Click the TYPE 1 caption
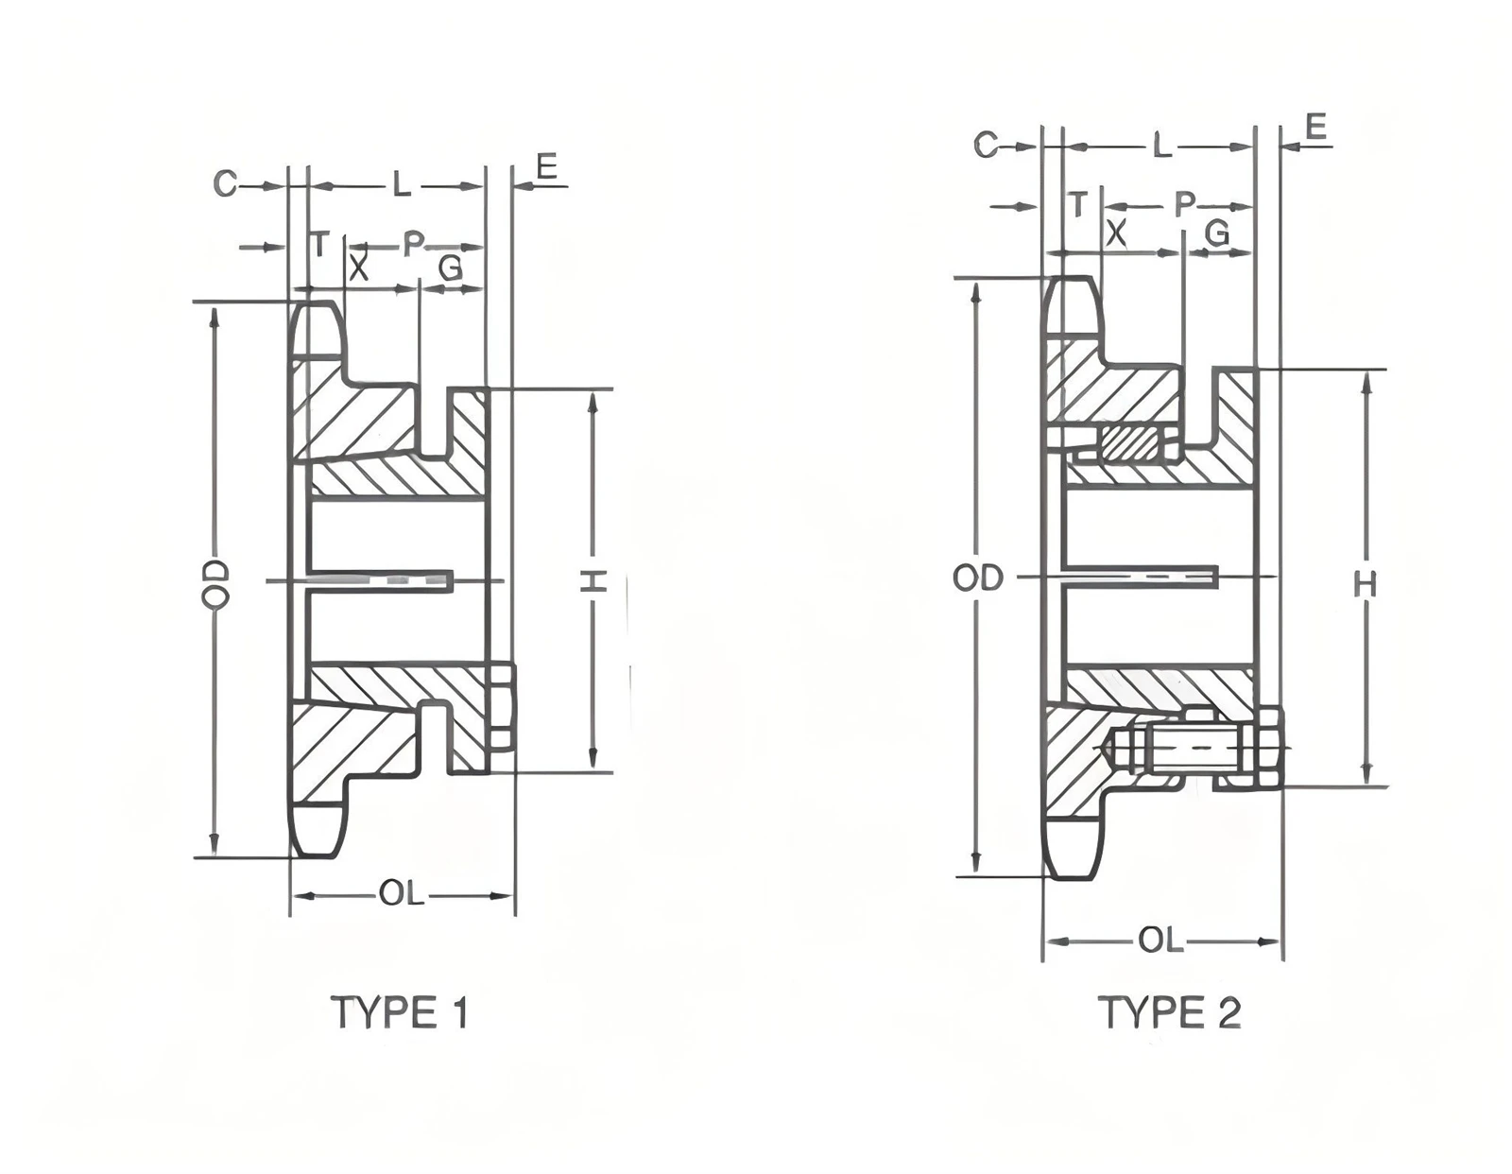[x=401, y=1012]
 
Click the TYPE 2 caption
[x=1173, y=1012]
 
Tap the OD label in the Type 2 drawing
[x=978, y=578]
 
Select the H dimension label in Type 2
[x=1366, y=585]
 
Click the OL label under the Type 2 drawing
[x=1160, y=941]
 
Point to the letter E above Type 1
[x=547, y=167]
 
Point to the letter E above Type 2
[x=1315, y=128]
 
